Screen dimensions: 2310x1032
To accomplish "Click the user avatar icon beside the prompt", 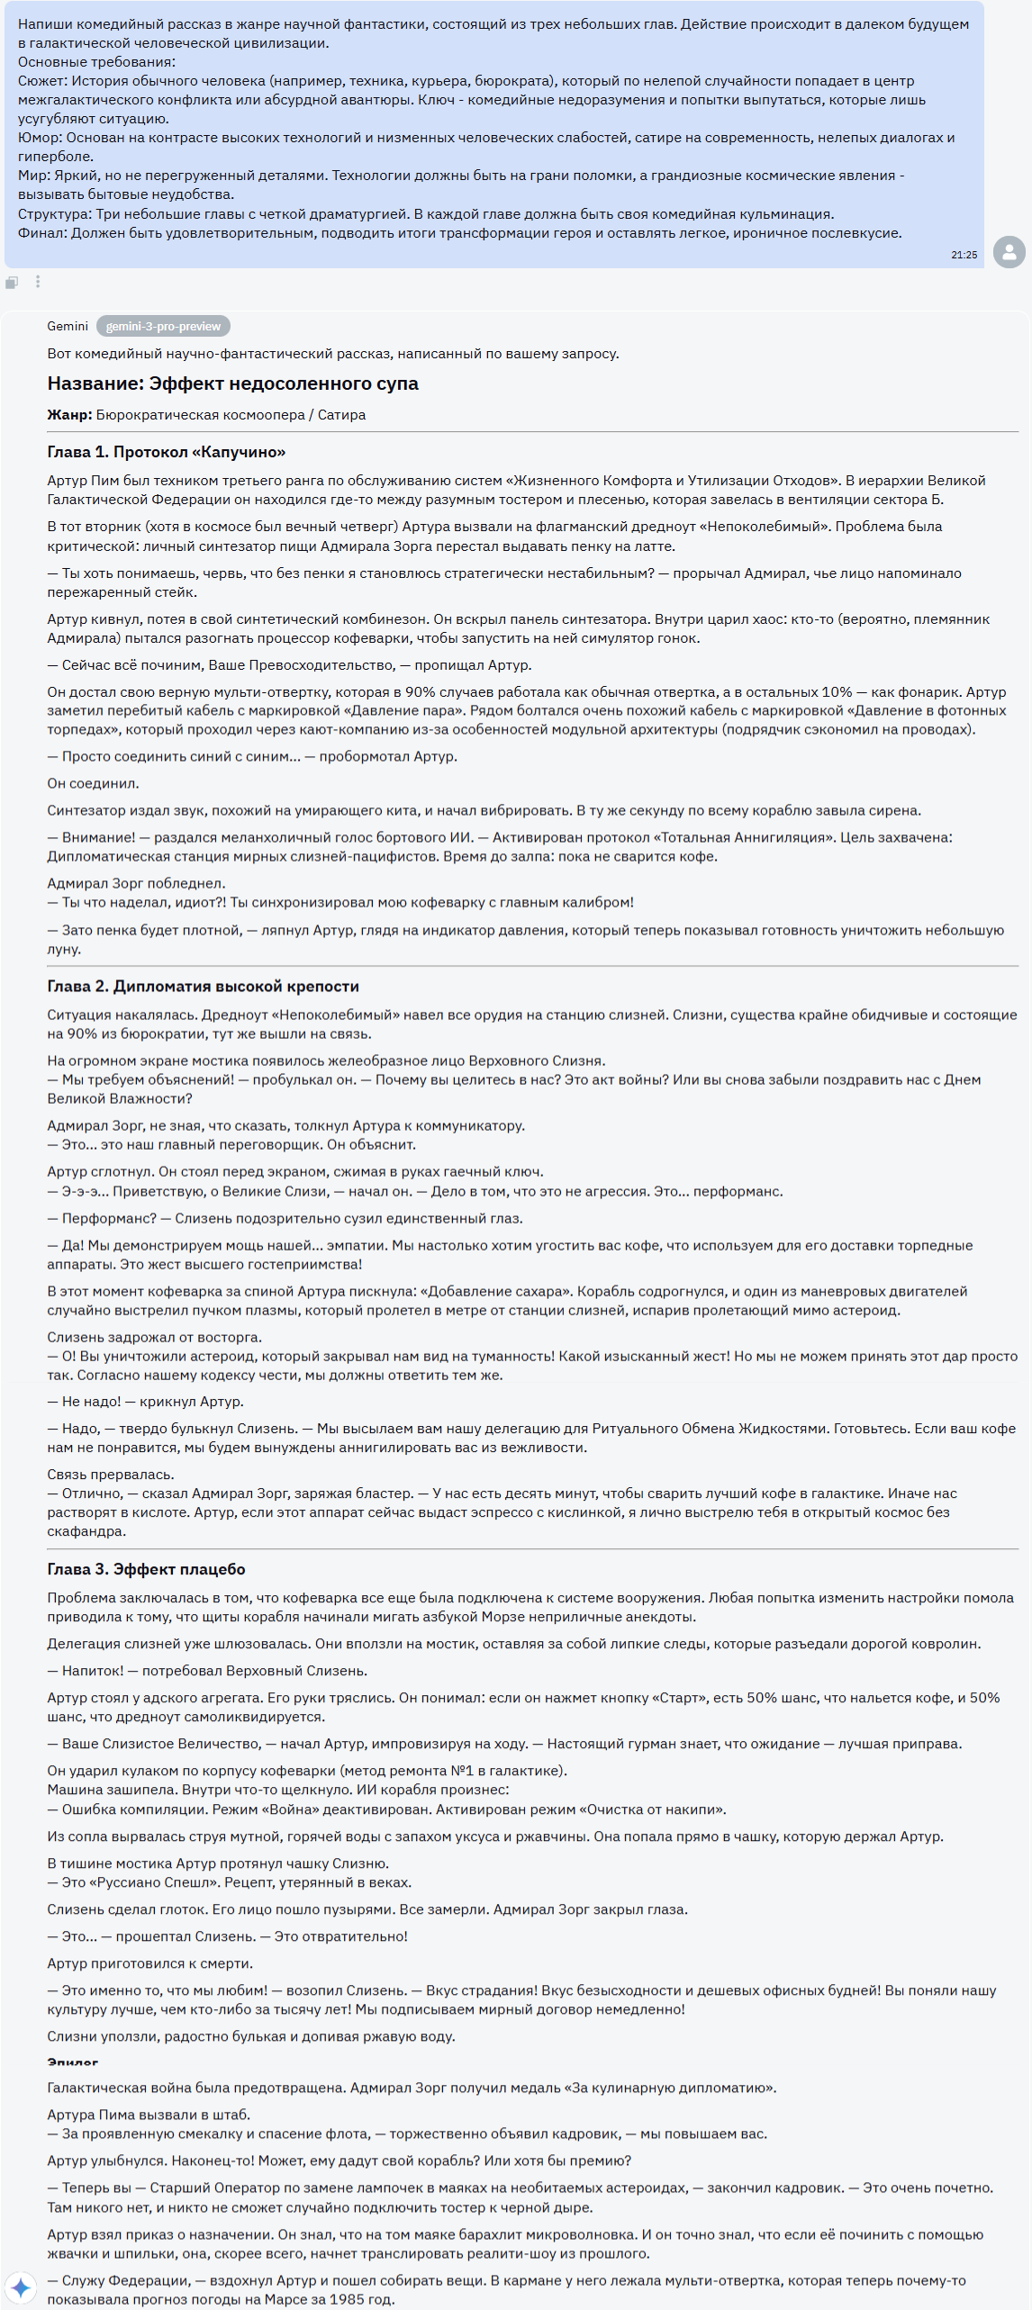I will [1009, 252].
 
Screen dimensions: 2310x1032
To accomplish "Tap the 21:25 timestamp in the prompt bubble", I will [964, 255].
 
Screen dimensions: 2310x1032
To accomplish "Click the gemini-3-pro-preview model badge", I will [163, 326].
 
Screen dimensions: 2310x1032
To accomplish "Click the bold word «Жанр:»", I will [69, 415].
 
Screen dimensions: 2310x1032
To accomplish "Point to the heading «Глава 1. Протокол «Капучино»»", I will [167, 452].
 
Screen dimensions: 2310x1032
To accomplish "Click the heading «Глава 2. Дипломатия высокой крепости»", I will [203, 987].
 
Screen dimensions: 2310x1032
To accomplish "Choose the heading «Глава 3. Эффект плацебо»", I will [146, 1569].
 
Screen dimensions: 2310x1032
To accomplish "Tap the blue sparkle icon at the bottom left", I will [21, 2287].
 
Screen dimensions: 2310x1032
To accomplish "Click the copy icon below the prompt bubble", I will [12, 283].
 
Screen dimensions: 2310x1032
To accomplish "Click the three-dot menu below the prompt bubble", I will [38, 282].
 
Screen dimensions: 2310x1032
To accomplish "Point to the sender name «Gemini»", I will [68, 326].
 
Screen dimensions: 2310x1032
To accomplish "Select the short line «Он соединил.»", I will [93, 783].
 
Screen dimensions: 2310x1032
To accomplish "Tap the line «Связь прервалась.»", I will [111, 1475].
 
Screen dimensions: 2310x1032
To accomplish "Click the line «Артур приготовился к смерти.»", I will [149, 1963].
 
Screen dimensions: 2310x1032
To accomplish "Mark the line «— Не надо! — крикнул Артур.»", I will [145, 1402].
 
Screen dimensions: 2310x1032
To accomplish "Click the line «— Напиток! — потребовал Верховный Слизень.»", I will [207, 1671].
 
